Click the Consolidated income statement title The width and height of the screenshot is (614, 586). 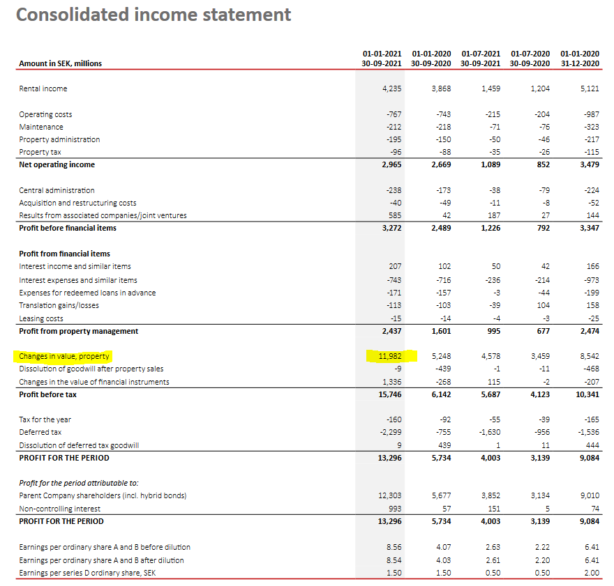coord(153,15)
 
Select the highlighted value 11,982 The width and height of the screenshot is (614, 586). coord(390,356)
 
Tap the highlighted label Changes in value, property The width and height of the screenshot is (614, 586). coord(64,356)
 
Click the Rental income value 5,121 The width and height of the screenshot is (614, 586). coord(589,88)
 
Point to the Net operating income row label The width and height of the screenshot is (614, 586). coord(57,164)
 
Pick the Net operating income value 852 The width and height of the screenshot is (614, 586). coord(543,164)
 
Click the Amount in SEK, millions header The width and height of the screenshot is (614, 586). coord(60,63)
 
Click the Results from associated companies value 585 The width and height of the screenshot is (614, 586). coord(394,215)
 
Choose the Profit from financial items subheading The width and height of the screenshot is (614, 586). coord(64,254)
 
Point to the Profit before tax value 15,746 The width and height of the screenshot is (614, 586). coord(390,394)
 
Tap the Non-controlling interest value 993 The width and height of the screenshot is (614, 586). coord(394,509)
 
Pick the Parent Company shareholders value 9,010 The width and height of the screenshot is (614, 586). coord(589,495)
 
